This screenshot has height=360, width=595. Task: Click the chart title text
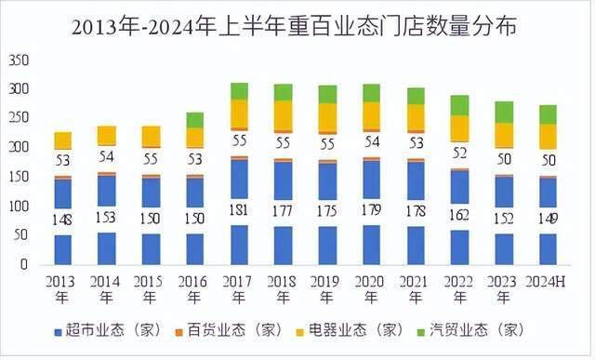click(297, 27)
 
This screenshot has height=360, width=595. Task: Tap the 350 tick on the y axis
click(18, 60)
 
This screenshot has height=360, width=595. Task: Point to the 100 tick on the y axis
click(18, 206)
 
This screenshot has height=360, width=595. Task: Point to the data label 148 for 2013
click(62, 218)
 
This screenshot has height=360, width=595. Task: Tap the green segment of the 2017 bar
click(239, 91)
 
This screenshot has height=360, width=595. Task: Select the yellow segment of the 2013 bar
click(62, 140)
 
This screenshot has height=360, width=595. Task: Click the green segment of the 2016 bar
click(194, 120)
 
